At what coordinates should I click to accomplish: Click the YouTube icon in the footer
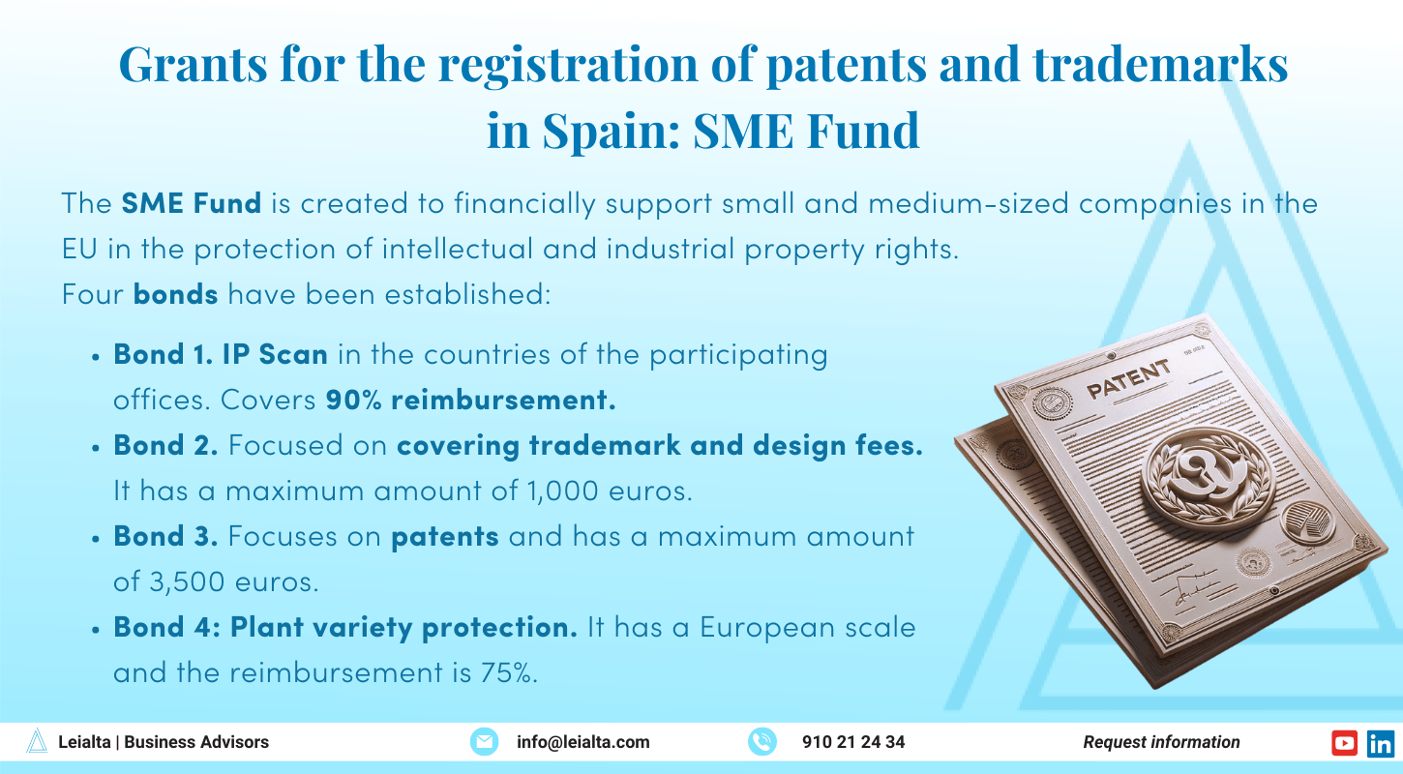point(1344,742)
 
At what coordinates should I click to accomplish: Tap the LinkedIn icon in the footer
point(1381,742)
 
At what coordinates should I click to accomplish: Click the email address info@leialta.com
point(583,742)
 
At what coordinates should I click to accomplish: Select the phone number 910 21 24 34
point(853,742)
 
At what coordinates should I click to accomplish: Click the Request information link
point(1161,742)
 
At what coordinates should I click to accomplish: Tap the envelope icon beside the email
point(483,742)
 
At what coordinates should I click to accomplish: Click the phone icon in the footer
point(762,742)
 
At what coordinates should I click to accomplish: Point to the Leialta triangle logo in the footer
point(37,742)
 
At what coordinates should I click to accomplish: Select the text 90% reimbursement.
point(470,400)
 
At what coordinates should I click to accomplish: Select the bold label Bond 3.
point(165,536)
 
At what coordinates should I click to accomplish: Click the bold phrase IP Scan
point(275,354)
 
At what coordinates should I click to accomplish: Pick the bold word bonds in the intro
point(175,293)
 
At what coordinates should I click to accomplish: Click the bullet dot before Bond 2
point(96,447)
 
